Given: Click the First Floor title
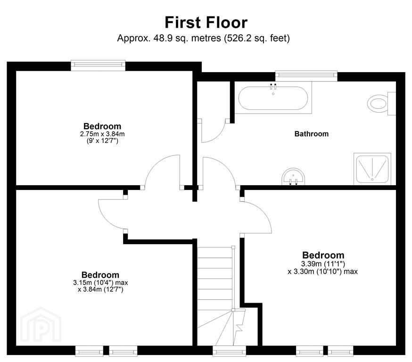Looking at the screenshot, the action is click(206, 23).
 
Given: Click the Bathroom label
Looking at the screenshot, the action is click(312, 134).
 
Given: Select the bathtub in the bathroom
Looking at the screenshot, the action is click(273, 98).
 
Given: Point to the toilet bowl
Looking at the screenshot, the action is click(377, 104).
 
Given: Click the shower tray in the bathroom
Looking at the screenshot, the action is click(372, 169).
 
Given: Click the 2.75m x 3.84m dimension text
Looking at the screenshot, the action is click(102, 134).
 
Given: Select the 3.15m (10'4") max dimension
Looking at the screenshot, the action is click(100, 283).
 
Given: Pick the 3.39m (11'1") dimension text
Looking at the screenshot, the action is click(323, 263).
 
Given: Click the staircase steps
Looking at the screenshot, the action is click(215, 296).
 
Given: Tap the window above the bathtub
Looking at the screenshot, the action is click(306, 75).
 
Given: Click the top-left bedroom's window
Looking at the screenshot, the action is click(98, 65).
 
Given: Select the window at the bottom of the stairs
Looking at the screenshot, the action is click(229, 351).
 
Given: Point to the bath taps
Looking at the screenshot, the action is click(273, 86).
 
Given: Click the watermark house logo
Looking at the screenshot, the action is click(41, 325).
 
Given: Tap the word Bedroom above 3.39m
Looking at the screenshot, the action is click(323, 255).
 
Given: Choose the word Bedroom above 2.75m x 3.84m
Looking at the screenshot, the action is click(102, 126).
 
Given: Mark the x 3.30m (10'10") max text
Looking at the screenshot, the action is click(322, 271).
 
